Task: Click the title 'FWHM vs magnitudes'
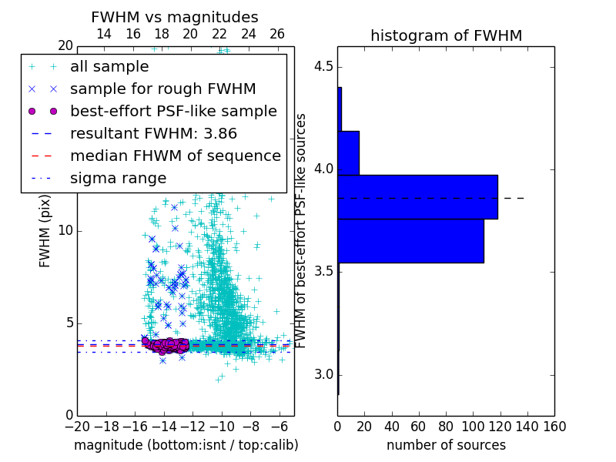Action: click(x=175, y=17)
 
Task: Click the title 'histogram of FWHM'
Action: click(x=446, y=35)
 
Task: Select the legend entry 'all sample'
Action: click(x=109, y=67)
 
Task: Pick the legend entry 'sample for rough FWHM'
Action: click(x=162, y=89)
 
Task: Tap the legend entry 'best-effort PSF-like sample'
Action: click(x=173, y=111)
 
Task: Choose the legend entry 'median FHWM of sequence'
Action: click(x=175, y=156)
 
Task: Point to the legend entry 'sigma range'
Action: click(x=118, y=178)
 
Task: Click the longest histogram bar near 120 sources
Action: click(x=417, y=197)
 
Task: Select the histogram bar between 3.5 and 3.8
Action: click(x=410, y=241)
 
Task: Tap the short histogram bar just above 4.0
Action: click(x=348, y=153)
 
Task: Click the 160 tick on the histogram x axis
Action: click(x=554, y=426)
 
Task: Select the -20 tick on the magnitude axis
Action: click(x=77, y=426)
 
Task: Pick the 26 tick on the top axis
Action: click(x=277, y=34)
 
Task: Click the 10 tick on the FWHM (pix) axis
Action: click(x=65, y=230)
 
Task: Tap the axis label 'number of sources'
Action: click(x=446, y=445)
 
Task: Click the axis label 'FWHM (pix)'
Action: click(x=45, y=231)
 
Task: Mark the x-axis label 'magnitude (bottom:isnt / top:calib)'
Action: click(x=186, y=445)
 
